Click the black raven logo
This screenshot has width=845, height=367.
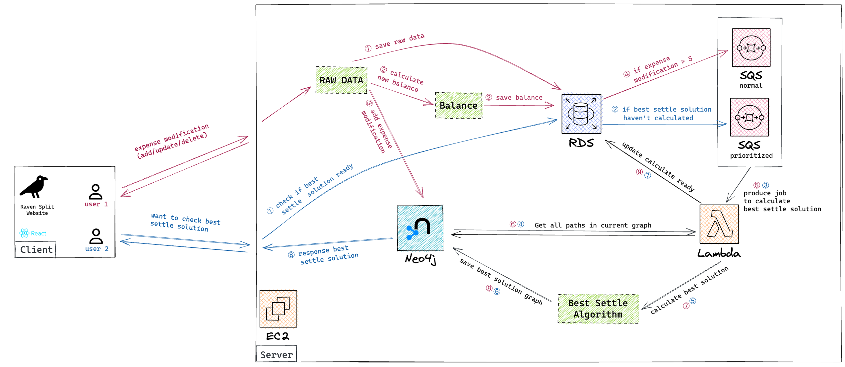[33, 187]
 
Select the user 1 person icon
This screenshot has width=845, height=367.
[96, 192]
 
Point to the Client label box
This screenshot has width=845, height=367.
[35, 249]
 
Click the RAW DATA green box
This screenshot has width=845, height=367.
[341, 80]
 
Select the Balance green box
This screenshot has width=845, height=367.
[458, 105]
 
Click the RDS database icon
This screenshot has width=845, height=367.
[581, 114]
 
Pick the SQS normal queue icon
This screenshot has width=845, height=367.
[751, 48]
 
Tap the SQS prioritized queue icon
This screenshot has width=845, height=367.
[749, 117]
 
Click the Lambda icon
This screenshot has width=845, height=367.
[719, 224]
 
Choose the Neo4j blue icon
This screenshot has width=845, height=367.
[420, 228]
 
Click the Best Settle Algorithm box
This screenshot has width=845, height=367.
[598, 309]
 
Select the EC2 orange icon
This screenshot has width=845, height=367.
[278, 309]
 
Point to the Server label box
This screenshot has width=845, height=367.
[276, 354]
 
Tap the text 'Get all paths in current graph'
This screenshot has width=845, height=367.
[593, 225]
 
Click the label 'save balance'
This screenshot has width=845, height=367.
[519, 97]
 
